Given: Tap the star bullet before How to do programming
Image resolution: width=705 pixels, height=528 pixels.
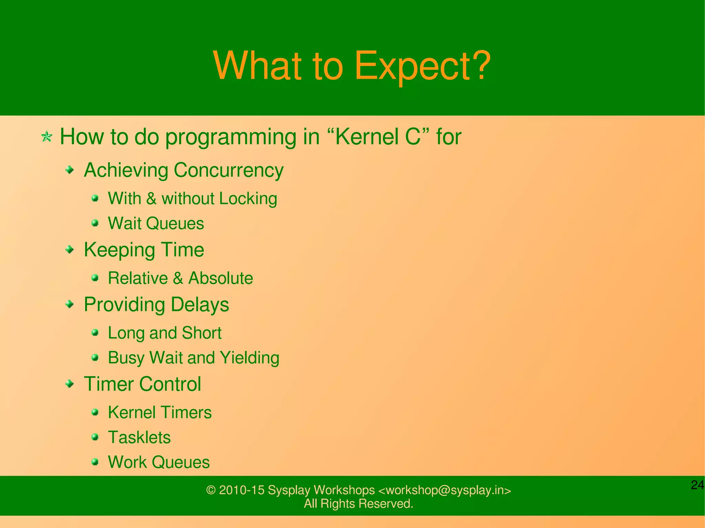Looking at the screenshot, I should click(x=46, y=137).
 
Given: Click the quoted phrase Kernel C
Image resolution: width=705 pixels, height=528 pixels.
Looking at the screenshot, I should click(x=378, y=137).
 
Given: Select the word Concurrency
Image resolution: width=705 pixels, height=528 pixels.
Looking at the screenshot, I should click(x=228, y=170).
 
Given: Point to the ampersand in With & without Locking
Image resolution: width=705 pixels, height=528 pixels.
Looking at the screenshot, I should click(x=151, y=199).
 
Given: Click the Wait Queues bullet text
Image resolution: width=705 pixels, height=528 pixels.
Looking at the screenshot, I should click(x=156, y=224).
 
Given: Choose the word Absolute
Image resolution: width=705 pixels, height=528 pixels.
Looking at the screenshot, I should click(x=220, y=278).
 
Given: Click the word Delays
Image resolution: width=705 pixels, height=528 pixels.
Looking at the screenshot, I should click(x=199, y=305).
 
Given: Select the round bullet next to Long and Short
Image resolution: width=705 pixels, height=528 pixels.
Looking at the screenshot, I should click(x=95, y=333).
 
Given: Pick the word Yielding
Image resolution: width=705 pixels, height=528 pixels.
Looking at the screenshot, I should click(x=249, y=358).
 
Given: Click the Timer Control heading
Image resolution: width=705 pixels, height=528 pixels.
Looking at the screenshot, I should click(x=142, y=384).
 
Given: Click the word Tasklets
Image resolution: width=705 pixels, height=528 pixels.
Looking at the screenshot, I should click(x=139, y=438).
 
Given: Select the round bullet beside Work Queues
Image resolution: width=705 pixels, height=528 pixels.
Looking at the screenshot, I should click(x=95, y=462).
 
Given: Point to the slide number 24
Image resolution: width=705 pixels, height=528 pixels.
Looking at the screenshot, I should click(x=697, y=485).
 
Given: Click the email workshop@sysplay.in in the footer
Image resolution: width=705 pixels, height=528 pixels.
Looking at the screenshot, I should click(x=444, y=490).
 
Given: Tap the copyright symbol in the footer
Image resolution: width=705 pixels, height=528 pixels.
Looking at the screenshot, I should click(x=210, y=490).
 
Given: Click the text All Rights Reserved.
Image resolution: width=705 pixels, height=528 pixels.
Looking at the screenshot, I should click(x=358, y=504).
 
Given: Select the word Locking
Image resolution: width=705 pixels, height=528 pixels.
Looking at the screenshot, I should click(x=248, y=199).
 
